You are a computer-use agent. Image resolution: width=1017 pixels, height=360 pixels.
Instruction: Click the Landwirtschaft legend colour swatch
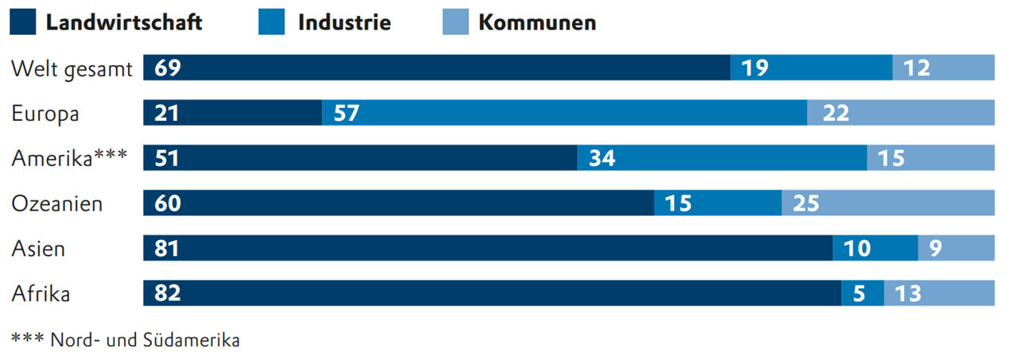[23, 22]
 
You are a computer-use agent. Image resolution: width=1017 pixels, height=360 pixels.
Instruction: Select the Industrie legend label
[344, 22]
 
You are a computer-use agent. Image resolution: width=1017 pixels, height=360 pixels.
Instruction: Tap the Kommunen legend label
[537, 22]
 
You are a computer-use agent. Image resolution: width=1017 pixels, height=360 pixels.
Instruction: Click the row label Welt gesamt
[71, 68]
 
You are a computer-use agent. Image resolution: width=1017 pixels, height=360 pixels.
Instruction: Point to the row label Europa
[45, 114]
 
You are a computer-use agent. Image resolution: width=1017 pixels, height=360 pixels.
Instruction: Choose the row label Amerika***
[69, 158]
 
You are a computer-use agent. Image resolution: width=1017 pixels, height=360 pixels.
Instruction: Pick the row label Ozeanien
[57, 203]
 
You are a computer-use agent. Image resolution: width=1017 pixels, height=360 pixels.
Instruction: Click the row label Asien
[38, 249]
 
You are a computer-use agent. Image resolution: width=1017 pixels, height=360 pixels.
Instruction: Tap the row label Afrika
[41, 293]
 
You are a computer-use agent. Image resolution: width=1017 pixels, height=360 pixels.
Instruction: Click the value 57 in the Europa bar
[346, 114]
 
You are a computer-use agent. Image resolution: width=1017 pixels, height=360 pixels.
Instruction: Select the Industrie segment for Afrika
[863, 293]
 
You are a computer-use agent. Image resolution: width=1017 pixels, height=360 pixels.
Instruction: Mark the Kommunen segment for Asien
[956, 249]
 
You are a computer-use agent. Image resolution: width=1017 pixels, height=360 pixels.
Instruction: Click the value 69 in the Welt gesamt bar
[168, 68]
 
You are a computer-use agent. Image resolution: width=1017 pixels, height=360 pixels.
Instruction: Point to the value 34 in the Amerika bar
[601, 158]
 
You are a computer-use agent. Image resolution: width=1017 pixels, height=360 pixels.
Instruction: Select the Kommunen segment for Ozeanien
[887, 203]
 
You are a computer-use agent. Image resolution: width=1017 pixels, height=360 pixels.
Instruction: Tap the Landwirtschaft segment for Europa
[232, 114]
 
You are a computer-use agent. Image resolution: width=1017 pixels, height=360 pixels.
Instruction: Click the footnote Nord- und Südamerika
[145, 339]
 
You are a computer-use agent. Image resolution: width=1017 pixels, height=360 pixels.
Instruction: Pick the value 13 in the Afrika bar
[908, 293]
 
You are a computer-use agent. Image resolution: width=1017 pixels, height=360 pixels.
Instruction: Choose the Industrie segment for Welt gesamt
[811, 68]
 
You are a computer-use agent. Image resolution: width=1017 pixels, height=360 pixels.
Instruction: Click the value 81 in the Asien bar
[168, 249]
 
